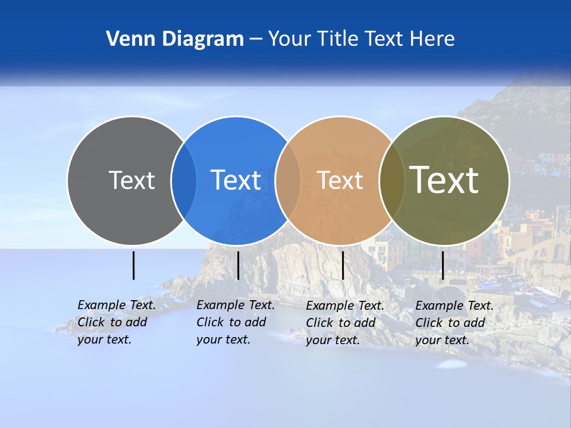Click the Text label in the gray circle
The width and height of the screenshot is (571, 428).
pos(131,180)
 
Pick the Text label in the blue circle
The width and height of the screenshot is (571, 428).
pos(236,180)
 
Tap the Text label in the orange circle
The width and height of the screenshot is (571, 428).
pos(340,180)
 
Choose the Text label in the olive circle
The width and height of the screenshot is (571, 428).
pos(444,180)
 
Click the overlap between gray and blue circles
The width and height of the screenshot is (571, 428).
pos(184,180)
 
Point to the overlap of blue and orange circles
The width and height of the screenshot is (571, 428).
pos(288,180)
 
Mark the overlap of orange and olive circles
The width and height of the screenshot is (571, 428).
pos(392,180)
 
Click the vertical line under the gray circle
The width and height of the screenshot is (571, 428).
pos(134,265)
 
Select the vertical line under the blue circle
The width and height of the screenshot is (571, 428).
pos(238,265)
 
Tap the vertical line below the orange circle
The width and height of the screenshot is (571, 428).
pos(343,265)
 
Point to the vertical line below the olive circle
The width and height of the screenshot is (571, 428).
pos(443,265)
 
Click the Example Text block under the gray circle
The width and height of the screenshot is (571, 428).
pos(117,322)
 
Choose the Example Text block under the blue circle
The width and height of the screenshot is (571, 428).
pos(236,322)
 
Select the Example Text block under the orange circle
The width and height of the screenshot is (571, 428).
pos(345,323)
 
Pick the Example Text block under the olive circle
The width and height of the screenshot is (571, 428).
pos(454,323)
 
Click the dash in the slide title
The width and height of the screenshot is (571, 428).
pos(256,39)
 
